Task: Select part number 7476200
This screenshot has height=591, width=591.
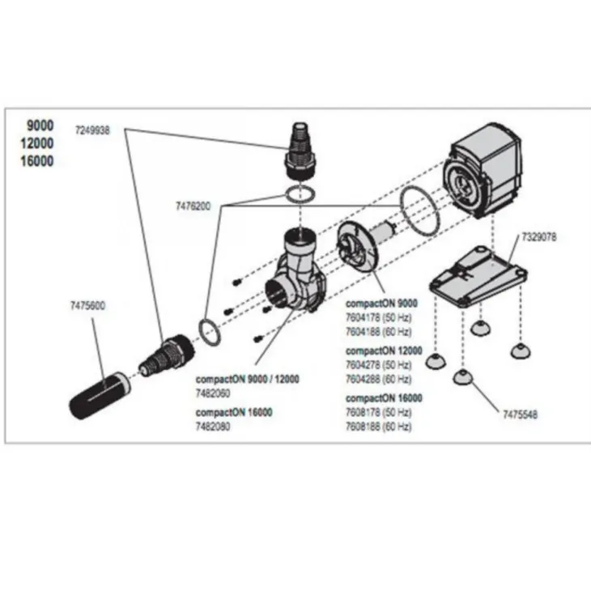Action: (x=191, y=206)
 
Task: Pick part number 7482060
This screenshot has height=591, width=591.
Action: (x=213, y=392)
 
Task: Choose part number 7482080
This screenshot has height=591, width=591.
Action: (x=213, y=427)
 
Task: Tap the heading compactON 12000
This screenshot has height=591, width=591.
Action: (x=384, y=351)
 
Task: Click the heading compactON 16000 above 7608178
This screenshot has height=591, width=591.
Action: (x=384, y=398)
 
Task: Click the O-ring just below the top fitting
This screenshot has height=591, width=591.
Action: (x=300, y=194)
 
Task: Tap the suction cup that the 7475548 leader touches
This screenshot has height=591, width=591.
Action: (x=461, y=376)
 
